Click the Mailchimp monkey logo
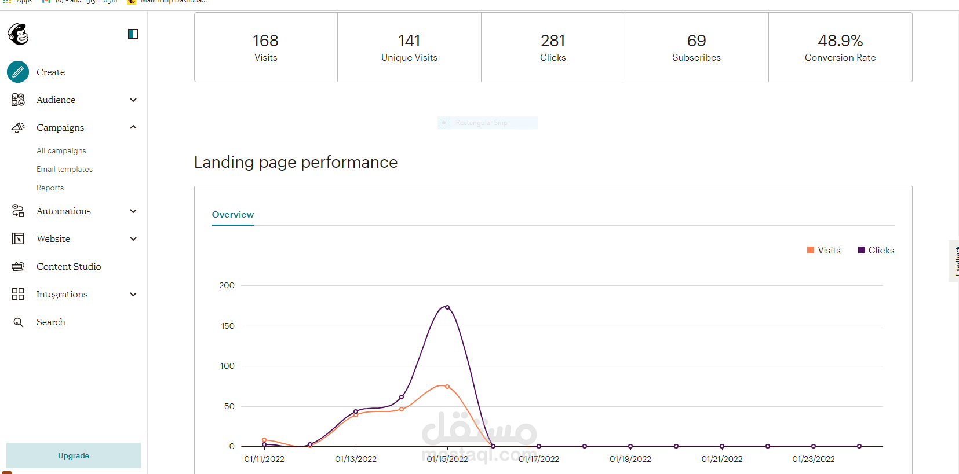point(19,34)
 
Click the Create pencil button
point(18,72)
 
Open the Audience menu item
point(56,100)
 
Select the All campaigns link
point(61,150)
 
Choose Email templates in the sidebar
point(64,169)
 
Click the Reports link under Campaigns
point(50,188)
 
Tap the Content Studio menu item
point(68,266)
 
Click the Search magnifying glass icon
point(19,322)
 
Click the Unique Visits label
point(409,58)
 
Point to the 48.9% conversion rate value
point(840,41)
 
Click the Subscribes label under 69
point(697,58)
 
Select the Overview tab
point(233,215)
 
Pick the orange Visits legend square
point(811,250)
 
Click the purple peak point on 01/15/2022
point(447,307)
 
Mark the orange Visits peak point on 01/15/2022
point(447,387)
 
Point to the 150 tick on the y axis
point(228,326)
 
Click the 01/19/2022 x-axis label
point(630,459)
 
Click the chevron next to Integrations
point(133,294)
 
